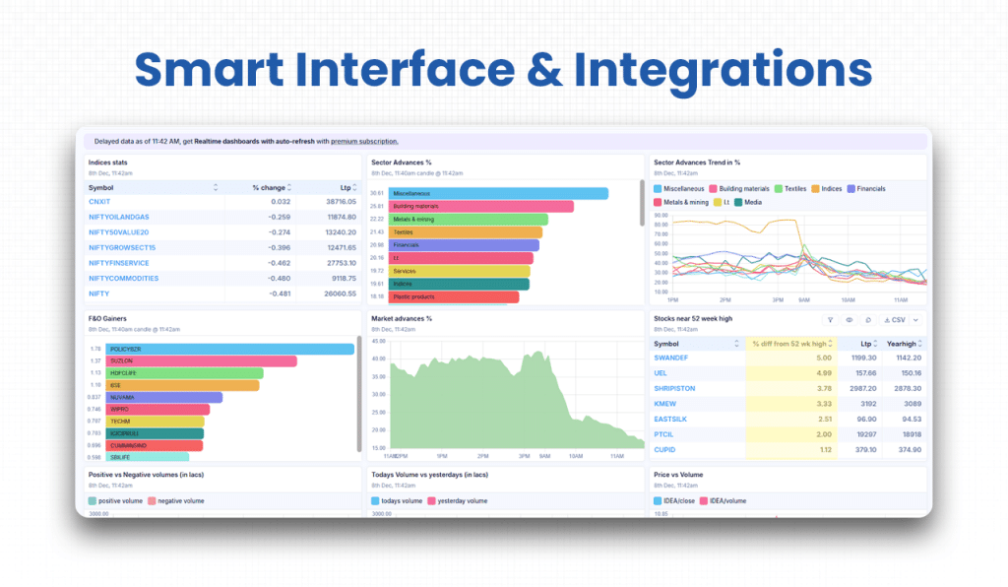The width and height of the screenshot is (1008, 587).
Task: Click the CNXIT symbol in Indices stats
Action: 99,201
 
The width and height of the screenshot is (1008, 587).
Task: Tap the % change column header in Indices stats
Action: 268,187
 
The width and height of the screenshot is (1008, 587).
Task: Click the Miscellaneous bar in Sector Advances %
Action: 498,194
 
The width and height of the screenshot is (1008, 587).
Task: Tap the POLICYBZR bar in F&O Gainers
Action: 231,349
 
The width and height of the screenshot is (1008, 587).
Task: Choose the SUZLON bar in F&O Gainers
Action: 202,361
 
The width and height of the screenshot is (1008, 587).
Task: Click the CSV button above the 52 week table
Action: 895,319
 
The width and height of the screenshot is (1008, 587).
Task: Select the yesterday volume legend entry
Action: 461,500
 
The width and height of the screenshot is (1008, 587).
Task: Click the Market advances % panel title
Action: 401,318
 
